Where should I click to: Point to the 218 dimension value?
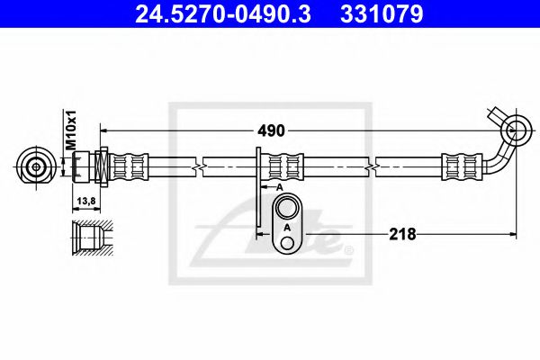tap(401, 234)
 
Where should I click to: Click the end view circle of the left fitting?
tap(36, 166)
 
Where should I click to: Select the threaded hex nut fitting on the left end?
tap(90, 166)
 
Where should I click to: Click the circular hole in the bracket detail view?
tap(288, 210)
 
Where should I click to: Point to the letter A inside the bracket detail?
tap(287, 229)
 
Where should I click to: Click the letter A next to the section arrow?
tap(280, 186)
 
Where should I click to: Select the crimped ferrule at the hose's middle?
tap(286, 166)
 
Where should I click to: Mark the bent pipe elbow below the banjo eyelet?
tap(502, 160)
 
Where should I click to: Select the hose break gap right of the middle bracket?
tap(373, 166)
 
